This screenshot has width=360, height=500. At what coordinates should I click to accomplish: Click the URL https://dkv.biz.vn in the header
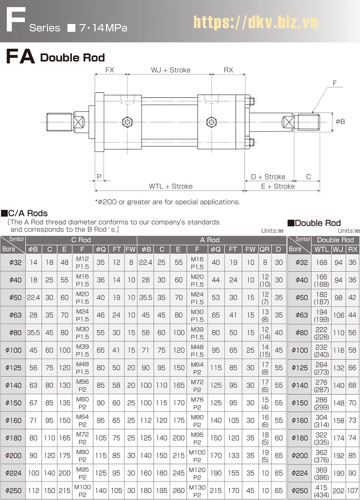click(255, 22)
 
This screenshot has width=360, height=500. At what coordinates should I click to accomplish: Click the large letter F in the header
click(14, 20)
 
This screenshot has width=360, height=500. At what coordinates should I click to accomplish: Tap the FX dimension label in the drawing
click(109, 70)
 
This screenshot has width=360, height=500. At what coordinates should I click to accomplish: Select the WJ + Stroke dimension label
click(170, 70)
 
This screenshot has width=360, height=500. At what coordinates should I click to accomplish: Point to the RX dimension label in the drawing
click(228, 70)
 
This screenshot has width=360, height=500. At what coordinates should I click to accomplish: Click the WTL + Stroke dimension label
click(170, 186)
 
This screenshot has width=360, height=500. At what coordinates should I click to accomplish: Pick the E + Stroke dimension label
click(277, 186)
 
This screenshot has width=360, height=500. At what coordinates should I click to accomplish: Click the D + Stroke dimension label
click(268, 177)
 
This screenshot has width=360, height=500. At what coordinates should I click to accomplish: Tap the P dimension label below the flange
click(99, 177)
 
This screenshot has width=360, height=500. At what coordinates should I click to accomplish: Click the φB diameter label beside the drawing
click(340, 121)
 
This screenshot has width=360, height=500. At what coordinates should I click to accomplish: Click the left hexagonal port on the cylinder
click(127, 121)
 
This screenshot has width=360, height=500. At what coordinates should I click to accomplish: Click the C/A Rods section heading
click(24, 213)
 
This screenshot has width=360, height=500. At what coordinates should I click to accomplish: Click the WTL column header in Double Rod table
click(321, 249)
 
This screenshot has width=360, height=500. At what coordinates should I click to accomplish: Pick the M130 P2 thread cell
click(197, 491)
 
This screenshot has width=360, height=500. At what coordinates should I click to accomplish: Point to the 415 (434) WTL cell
click(321, 491)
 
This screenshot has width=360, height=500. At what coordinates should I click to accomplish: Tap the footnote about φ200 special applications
click(167, 202)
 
